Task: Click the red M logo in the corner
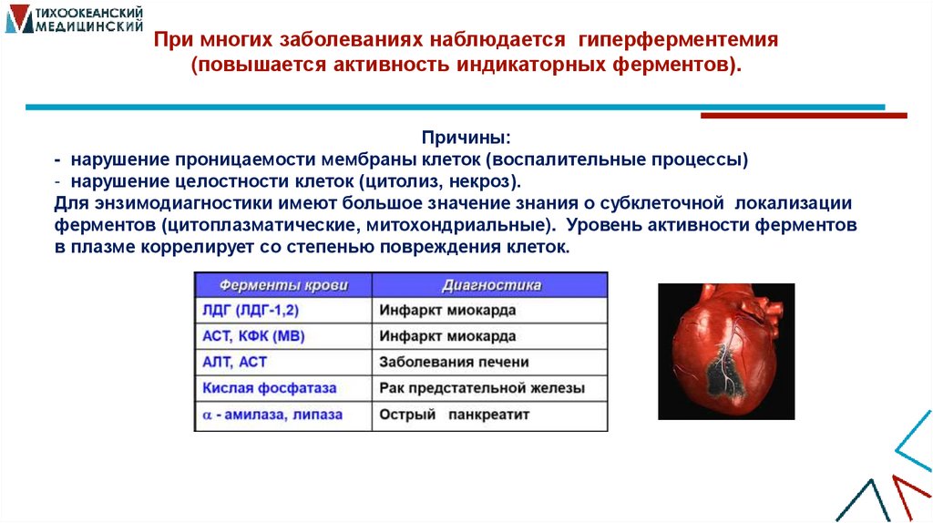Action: pos(16,18)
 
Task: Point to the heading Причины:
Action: pos(466,138)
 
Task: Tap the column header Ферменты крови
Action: pos(283,284)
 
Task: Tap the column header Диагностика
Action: pos(491,284)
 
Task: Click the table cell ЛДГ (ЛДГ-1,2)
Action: pos(251,310)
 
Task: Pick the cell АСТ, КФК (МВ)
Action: pos(253,336)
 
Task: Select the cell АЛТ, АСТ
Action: pos(234,362)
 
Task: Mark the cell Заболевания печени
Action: pos(454,362)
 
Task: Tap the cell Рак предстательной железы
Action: pos(482,388)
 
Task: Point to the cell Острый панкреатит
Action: pos(454,415)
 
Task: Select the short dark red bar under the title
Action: pos(803,116)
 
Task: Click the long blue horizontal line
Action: pos(456,108)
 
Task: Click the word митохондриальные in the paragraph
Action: pos(474,224)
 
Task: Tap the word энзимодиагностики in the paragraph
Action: pos(159,202)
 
